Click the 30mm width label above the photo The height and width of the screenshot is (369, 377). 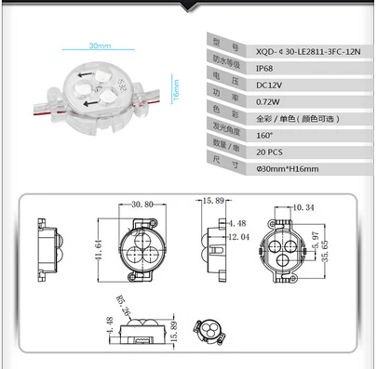[x=100, y=45]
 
